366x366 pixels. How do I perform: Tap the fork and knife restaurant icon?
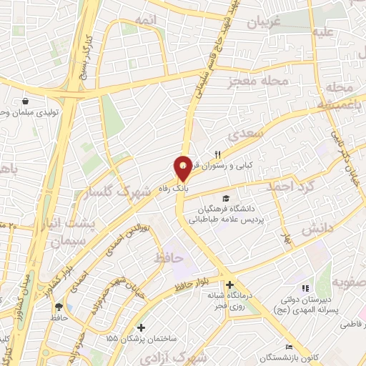218,154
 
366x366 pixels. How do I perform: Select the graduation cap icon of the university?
227,199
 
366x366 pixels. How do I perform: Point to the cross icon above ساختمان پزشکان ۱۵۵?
142,327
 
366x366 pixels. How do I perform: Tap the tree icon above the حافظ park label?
57,305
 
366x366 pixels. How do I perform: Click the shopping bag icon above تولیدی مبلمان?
26,102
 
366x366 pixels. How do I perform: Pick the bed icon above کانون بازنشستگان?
289,347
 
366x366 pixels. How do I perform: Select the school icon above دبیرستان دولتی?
305,287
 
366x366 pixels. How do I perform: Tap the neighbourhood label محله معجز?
249,82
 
